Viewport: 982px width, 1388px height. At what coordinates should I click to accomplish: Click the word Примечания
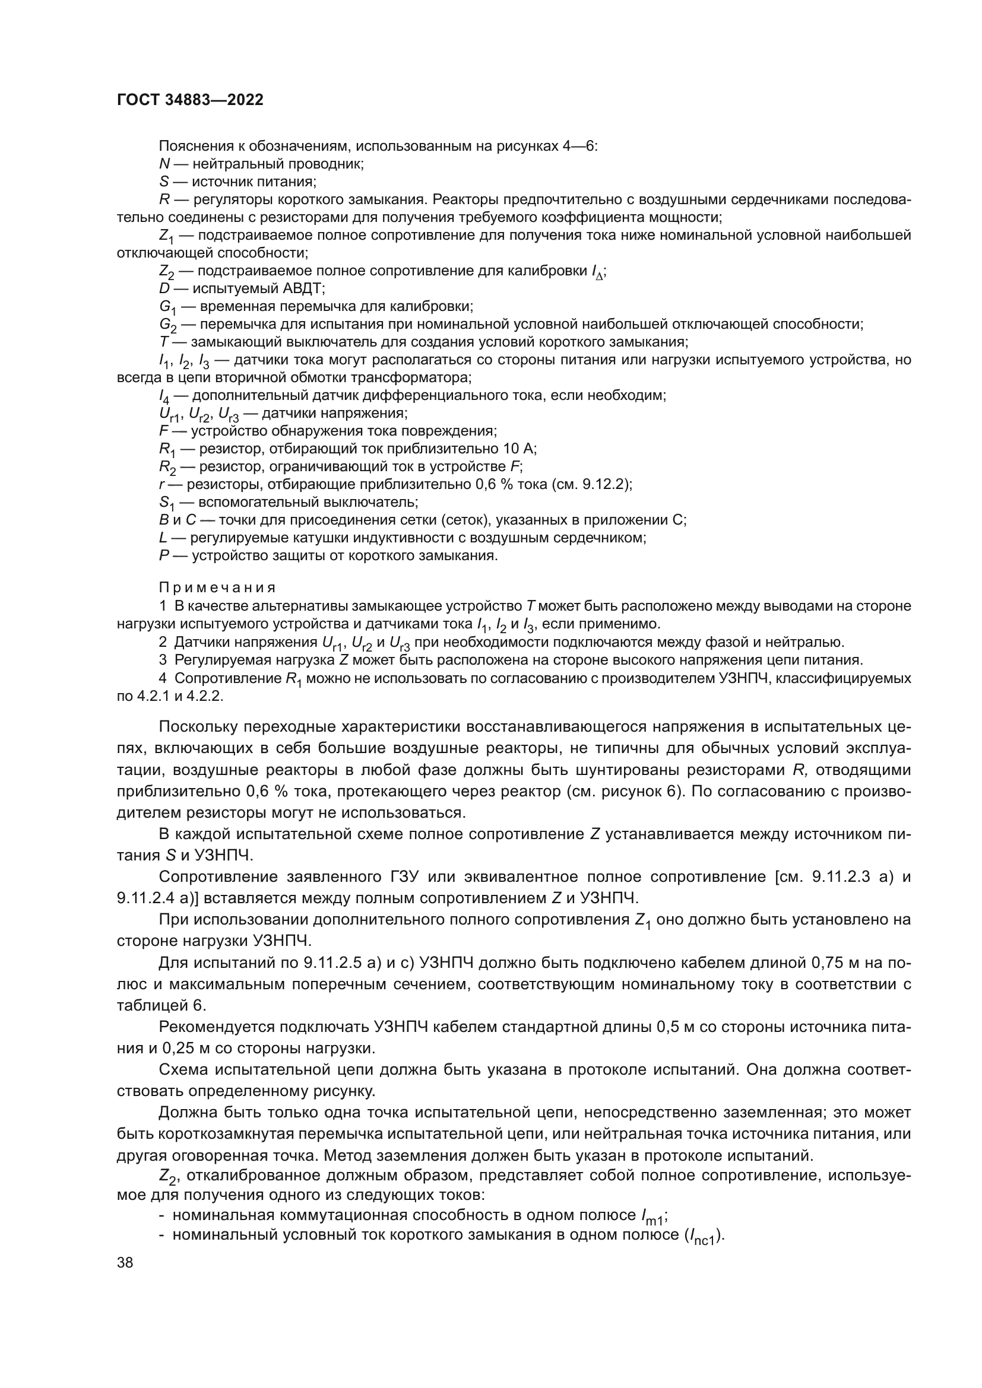tap(217, 587)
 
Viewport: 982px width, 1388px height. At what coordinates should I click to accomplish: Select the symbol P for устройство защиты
tap(163, 555)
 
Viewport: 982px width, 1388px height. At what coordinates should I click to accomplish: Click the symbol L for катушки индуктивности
tap(163, 538)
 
